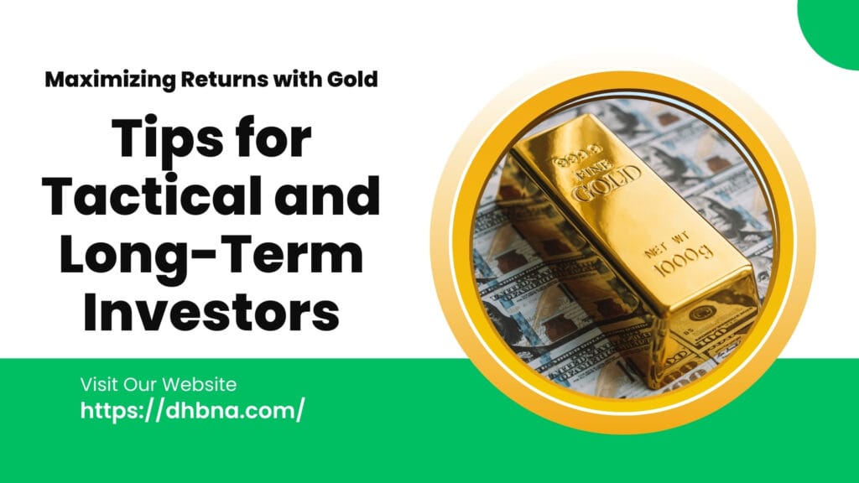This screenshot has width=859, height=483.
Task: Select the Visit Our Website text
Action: click(x=159, y=385)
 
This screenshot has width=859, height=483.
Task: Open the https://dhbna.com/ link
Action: click(x=192, y=411)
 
